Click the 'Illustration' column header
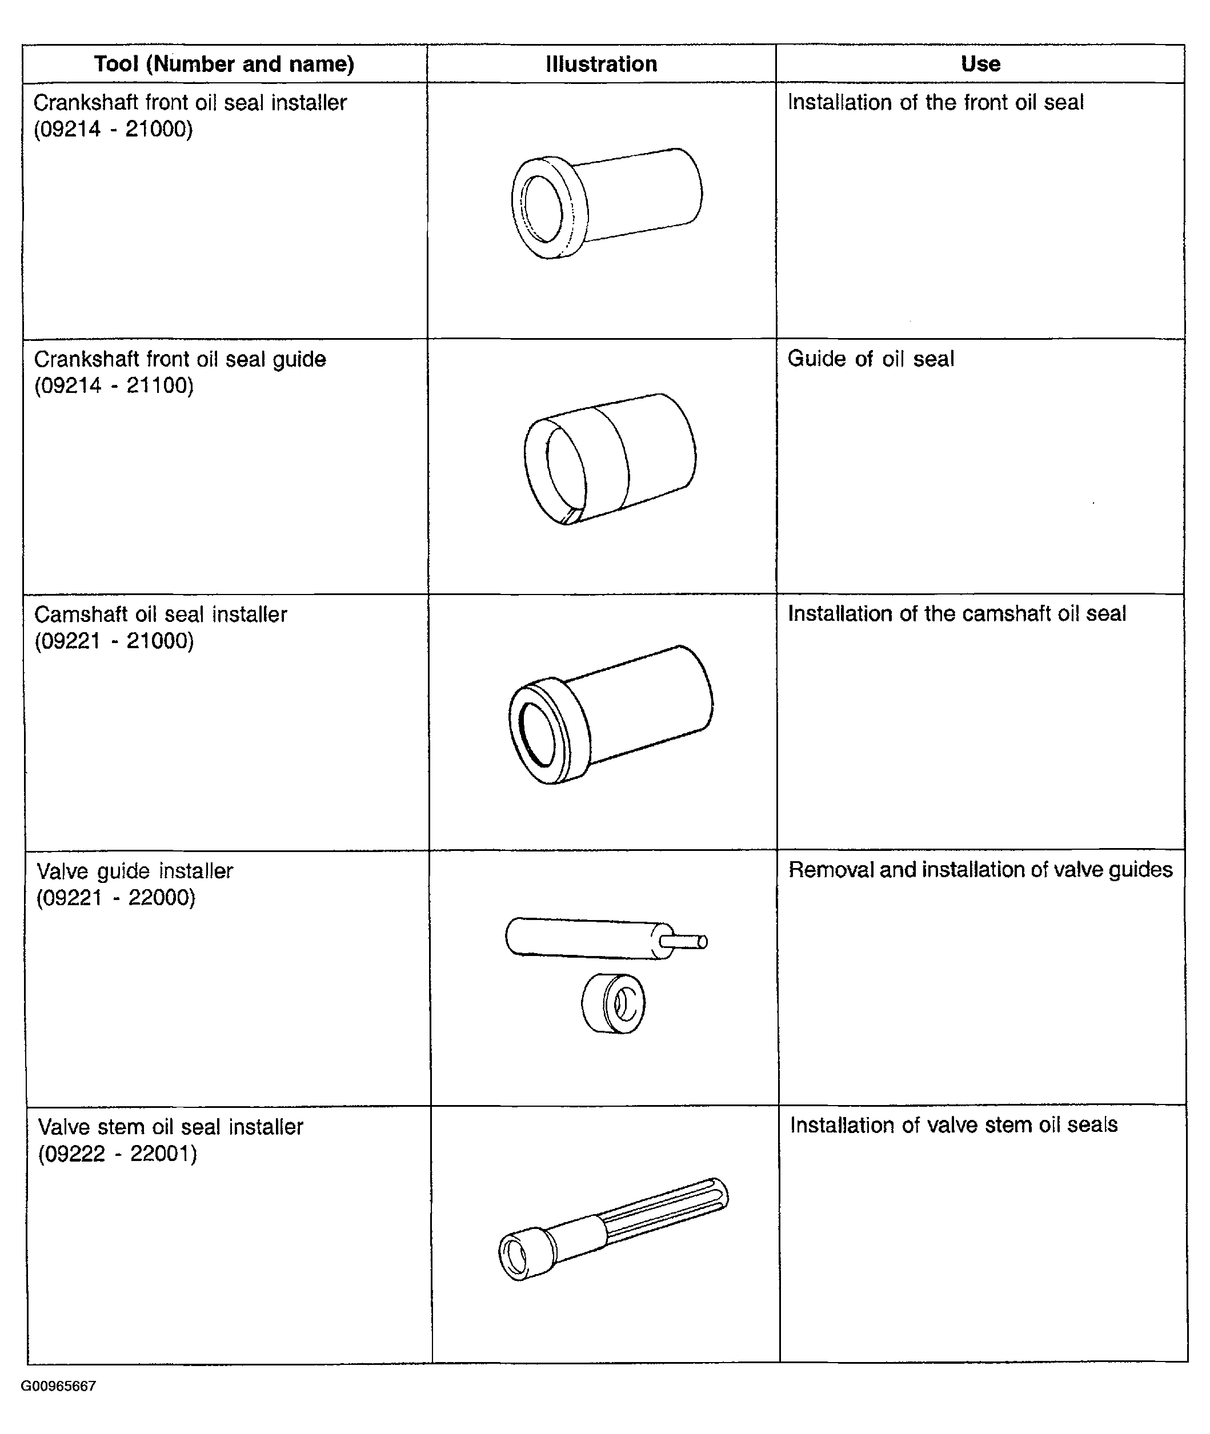click(601, 64)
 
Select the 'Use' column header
click(980, 64)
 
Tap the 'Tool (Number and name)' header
click(225, 64)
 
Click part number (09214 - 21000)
click(114, 129)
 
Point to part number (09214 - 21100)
click(114, 385)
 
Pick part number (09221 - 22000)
click(116, 897)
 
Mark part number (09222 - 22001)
click(117, 1154)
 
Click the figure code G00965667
click(58, 1386)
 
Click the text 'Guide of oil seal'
click(871, 359)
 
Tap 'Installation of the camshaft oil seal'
click(957, 614)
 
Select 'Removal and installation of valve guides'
click(980, 870)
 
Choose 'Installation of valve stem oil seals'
click(953, 1124)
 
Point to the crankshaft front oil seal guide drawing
click(610, 458)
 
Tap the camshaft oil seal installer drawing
click(611, 714)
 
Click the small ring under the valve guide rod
click(613, 1003)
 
